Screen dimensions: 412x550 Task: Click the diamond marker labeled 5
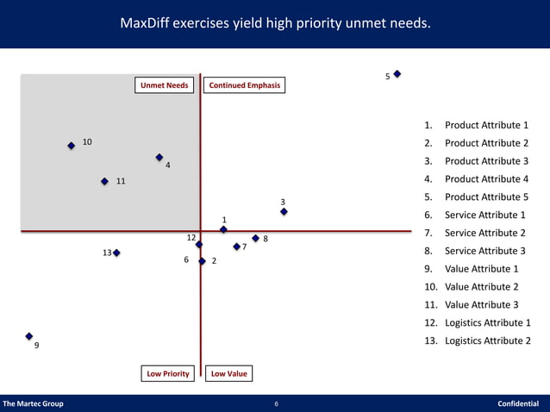(x=397, y=74)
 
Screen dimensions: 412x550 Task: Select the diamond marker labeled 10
(x=71, y=146)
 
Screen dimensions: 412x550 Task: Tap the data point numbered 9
(x=29, y=336)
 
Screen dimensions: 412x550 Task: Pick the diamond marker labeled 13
(x=116, y=253)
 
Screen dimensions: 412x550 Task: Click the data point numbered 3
(x=284, y=211)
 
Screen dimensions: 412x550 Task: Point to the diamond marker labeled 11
(x=104, y=181)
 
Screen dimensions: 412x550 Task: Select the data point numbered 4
(x=159, y=158)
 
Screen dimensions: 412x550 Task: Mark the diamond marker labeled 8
(x=255, y=238)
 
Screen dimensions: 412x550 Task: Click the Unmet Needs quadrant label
(x=164, y=85)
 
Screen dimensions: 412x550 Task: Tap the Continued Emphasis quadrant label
(x=245, y=85)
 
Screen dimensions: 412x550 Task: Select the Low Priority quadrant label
(x=168, y=373)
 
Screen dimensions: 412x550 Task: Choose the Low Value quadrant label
(x=228, y=373)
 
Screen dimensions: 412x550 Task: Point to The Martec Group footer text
(x=34, y=403)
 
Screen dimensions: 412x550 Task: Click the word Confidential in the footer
(x=518, y=403)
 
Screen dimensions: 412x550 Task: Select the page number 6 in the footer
(x=276, y=403)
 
